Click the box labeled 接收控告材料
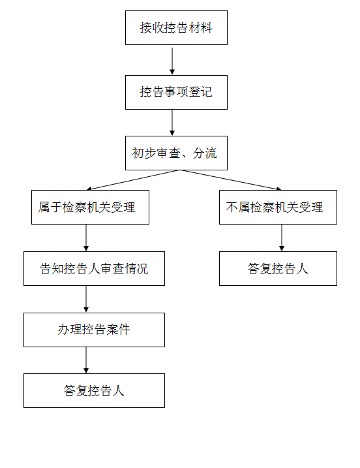pos(176,28)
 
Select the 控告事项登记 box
pos(176,92)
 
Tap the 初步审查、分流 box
pos(176,153)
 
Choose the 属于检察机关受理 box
pos(90,207)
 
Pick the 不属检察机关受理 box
pos(278,207)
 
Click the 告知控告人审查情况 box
pos(95,269)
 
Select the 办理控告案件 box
pos(95,330)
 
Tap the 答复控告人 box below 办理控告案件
pos(95,391)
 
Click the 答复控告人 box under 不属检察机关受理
pos(278,269)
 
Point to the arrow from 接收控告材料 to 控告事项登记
pos(172,61)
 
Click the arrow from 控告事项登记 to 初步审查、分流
pos(172,122)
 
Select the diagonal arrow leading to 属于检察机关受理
pos(133,180)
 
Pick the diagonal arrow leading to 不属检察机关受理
pos(231,180)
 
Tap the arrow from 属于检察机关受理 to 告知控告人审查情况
pos(86,238)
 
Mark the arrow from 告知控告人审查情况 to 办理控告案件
pos(86,299)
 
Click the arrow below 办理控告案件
pos(86,360)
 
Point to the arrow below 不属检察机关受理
pos(282,238)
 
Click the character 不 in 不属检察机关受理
pos(232,208)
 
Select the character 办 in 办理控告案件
pos(63,330)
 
